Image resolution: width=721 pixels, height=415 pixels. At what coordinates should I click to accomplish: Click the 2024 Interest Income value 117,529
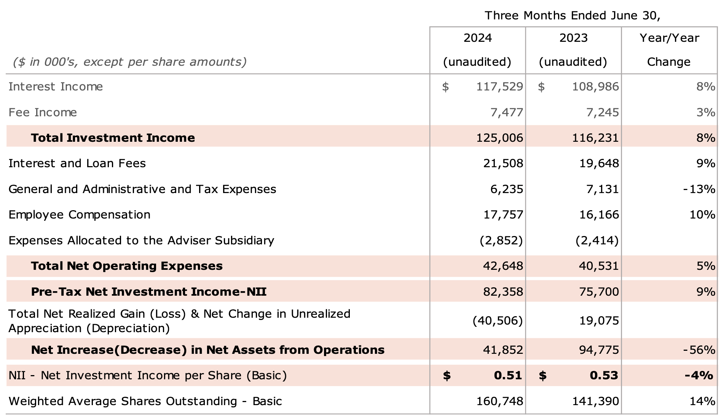(x=499, y=87)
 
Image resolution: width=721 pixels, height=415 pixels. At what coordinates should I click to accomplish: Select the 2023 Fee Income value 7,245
(x=603, y=112)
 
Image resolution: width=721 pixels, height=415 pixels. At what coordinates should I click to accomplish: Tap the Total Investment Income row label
(x=113, y=138)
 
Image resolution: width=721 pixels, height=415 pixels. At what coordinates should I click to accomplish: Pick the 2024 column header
(x=477, y=38)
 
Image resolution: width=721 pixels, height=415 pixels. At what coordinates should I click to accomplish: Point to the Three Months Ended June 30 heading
(x=572, y=16)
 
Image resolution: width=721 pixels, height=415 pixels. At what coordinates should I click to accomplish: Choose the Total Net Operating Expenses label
(x=127, y=266)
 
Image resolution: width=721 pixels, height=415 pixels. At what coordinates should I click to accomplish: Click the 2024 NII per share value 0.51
(x=508, y=375)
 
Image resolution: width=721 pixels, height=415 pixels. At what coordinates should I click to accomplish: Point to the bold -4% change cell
(x=699, y=375)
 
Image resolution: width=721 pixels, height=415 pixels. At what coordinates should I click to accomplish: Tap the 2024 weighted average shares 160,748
(x=499, y=401)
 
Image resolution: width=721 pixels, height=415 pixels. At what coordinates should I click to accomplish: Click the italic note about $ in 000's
(x=130, y=62)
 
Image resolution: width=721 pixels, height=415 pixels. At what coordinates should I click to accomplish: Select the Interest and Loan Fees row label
(x=77, y=163)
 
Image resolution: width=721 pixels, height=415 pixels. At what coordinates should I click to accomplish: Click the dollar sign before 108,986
(x=541, y=87)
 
